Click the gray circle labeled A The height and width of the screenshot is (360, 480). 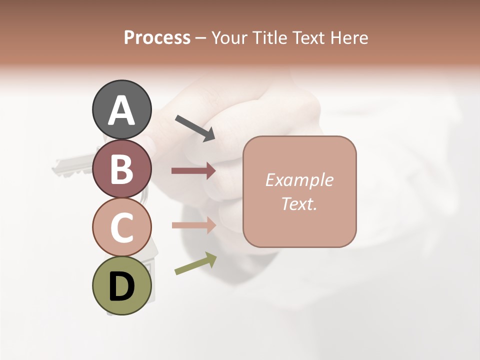pos(121,109)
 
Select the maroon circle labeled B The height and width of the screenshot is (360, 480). pos(121,168)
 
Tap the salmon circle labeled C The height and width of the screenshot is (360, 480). pos(121,227)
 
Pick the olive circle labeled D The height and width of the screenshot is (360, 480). pos(121,285)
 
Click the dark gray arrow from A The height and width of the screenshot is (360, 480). pos(195,127)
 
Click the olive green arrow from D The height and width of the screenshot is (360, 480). pos(195,263)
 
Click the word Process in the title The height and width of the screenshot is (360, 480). pos(157,38)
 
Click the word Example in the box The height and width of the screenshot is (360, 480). pos(299,180)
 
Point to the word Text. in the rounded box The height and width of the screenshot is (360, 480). pos(299,203)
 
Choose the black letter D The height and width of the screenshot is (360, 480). pos(121,286)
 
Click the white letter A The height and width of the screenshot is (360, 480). pos(121,110)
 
